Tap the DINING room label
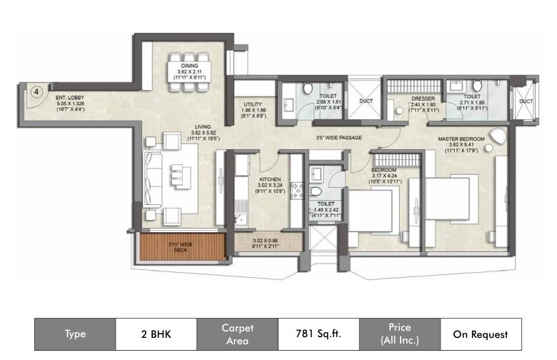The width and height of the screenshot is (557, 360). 189,66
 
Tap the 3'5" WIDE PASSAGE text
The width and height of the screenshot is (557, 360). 338,138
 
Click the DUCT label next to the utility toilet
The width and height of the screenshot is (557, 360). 366,101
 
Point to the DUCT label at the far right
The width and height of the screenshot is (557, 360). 526,101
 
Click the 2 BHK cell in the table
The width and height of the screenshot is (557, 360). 155,334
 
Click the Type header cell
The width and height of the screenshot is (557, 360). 75,334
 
